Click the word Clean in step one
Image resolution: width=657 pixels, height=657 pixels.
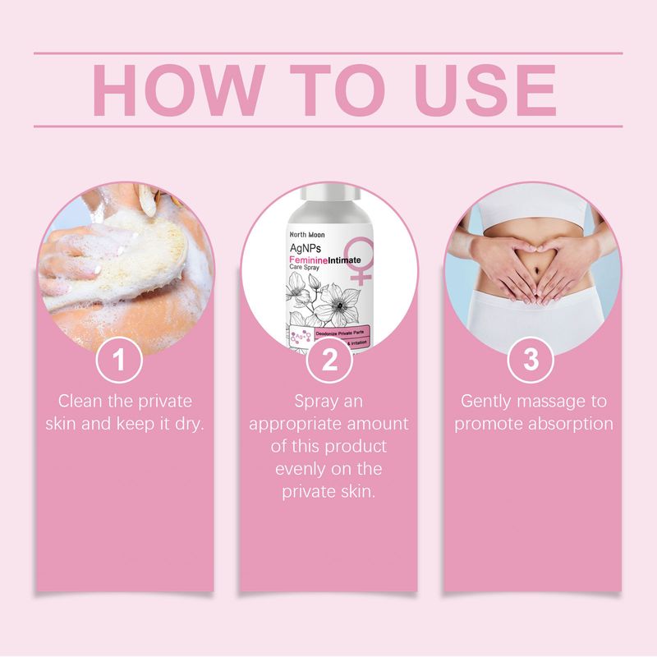[79, 402]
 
